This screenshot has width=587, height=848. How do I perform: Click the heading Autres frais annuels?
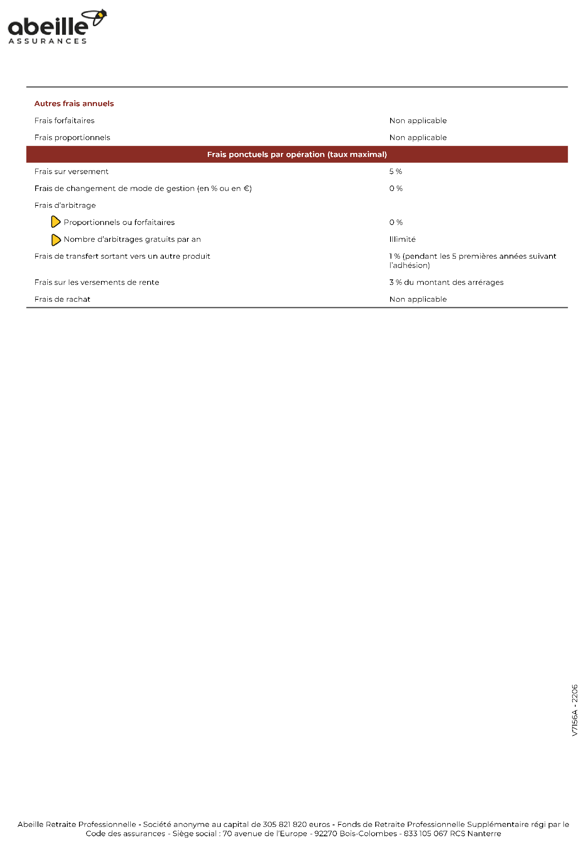click(74, 104)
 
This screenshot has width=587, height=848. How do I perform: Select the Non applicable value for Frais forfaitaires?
click(418, 121)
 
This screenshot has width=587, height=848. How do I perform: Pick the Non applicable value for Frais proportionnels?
click(418, 138)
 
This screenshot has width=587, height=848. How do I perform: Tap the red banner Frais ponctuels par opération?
click(297, 155)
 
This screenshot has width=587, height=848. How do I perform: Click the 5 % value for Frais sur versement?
click(395, 172)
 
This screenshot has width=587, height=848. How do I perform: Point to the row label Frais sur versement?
click(71, 172)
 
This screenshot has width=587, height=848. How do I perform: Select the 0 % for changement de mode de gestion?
click(396, 189)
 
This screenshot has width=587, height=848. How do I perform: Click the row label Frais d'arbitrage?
click(65, 205)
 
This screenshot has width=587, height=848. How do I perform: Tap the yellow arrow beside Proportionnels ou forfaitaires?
click(56, 222)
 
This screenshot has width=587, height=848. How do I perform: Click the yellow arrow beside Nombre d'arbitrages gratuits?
click(56, 239)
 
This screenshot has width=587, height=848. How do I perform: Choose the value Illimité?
click(402, 239)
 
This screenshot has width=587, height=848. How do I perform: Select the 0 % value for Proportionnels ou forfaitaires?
click(396, 223)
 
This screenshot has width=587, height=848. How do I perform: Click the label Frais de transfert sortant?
click(122, 256)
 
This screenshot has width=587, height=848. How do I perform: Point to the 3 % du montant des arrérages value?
click(446, 283)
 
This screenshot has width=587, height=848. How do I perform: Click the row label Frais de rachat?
click(62, 299)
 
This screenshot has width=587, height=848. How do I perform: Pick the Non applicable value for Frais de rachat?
click(418, 299)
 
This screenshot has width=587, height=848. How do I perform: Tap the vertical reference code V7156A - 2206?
click(574, 710)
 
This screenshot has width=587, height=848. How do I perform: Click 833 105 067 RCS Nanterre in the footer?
click(452, 834)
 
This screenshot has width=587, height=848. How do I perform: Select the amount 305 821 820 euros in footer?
click(296, 825)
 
